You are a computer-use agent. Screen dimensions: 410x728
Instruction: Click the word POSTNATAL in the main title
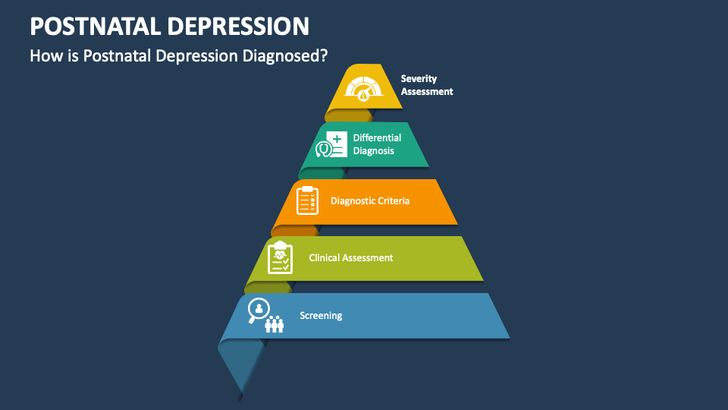(93, 27)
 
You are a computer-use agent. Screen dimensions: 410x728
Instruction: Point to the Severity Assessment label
(426, 85)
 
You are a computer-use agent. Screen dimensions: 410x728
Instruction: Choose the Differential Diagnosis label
(377, 144)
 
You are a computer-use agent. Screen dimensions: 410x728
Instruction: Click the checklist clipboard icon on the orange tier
(307, 200)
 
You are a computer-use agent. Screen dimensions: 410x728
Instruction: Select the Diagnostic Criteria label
(370, 201)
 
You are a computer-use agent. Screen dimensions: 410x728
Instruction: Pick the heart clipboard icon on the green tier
(281, 257)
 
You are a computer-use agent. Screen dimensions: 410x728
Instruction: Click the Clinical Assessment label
(350, 258)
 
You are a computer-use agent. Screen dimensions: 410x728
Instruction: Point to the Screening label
(321, 316)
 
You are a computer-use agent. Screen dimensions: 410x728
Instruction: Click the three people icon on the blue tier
(275, 324)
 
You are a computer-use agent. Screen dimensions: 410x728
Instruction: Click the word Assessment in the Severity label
(426, 92)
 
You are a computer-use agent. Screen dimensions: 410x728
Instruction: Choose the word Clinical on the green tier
(325, 258)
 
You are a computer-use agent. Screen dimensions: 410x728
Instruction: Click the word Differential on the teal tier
(377, 138)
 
